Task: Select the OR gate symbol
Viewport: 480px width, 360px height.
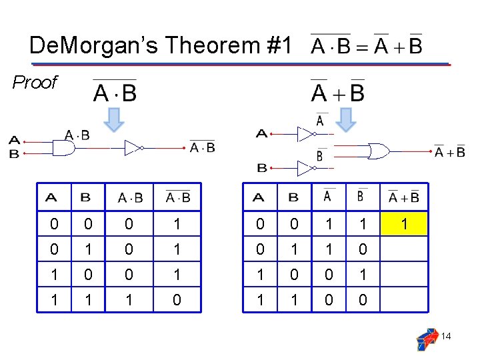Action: coord(379,151)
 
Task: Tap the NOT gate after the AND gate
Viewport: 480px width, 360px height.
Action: coord(133,147)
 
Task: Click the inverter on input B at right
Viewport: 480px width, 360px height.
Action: coord(305,168)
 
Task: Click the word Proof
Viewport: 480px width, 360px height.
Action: coord(35,82)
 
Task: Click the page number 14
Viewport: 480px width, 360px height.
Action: coord(446,337)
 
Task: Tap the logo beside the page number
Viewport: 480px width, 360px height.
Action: coord(427,338)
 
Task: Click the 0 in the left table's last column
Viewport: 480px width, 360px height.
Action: coord(177,300)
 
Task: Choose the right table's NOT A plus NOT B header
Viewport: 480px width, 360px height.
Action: coord(404,196)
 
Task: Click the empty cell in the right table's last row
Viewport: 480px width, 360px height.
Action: coord(404,300)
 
